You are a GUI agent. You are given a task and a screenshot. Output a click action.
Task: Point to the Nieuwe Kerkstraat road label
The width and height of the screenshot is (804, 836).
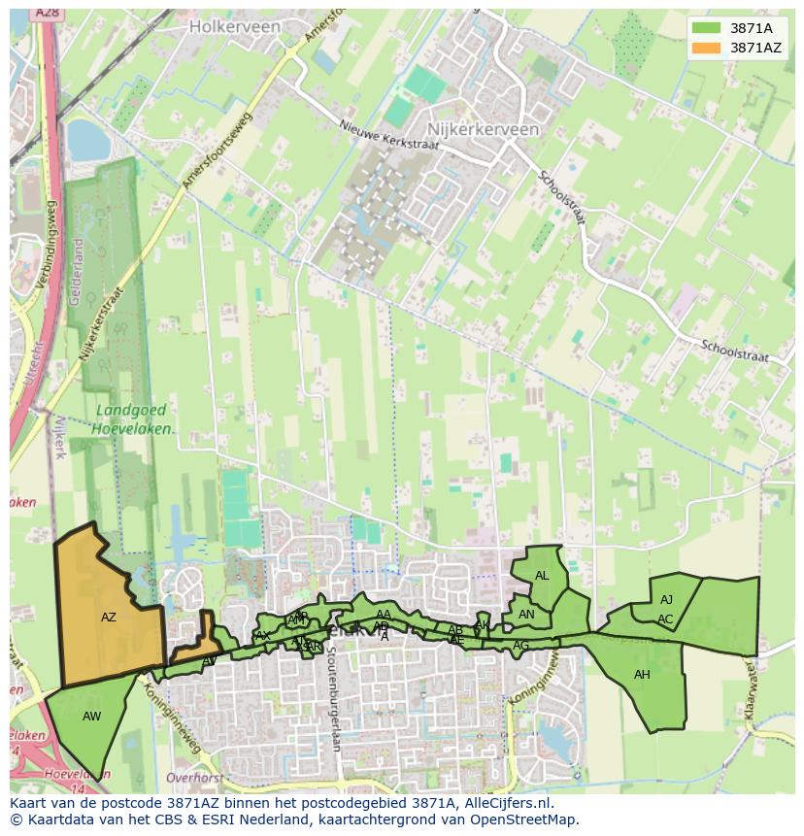pos(388,136)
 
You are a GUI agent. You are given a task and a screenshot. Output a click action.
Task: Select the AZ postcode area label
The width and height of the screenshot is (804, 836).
pos(109,617)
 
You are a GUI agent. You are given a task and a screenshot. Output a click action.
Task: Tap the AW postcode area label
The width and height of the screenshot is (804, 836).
pos(91,717)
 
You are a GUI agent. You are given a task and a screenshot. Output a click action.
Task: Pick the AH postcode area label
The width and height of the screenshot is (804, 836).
pos(642,675)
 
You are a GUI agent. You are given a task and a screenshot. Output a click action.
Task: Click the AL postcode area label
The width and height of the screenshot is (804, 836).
pos(542,576)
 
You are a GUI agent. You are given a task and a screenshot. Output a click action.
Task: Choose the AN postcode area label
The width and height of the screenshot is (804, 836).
pos(526,615)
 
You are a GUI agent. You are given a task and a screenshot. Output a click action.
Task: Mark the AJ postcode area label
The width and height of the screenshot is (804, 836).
pos(666,600)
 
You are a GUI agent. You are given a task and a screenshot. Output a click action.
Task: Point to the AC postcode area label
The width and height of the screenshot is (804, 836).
pos(665,619)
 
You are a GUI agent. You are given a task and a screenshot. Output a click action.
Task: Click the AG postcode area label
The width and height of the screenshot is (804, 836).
pos(521,646)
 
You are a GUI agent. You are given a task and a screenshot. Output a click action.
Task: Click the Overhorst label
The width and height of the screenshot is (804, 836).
pos(195,778)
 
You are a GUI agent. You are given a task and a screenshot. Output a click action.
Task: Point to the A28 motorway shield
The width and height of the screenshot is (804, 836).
pos(46,13)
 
